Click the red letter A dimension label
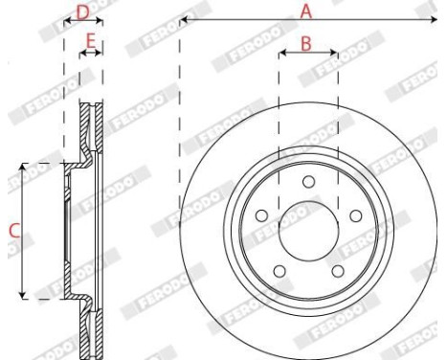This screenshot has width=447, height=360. click(x=307, y=11)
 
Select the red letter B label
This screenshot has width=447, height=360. click(x=306, y=43)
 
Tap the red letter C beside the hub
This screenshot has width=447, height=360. click(x=12, y=231)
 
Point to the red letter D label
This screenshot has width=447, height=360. click(x=82, y=11)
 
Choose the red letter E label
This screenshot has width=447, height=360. click(x=91, y=42)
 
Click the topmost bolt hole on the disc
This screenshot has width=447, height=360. click(x=307, y=182)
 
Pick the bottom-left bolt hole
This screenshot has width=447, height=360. click(x=278, y=274)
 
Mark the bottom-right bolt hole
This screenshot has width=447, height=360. click(x=337, y=274)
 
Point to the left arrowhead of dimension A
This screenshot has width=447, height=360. click(x=183, y=19)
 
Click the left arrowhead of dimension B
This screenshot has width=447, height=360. click(x=280, y=54)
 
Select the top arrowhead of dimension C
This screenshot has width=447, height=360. click(x=22, y=167)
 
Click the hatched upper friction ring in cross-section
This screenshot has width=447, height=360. click(x=93, y=129)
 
